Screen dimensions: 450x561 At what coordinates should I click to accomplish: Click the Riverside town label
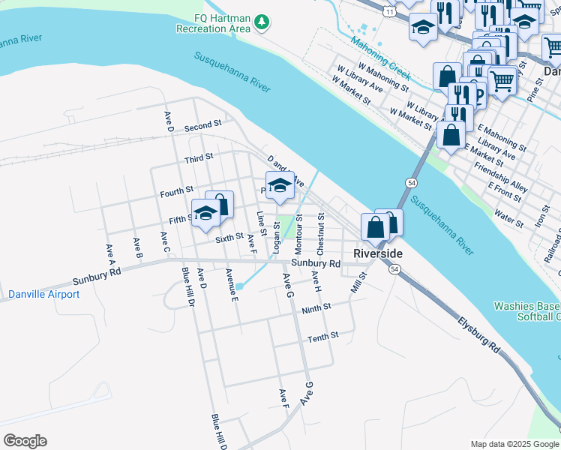point(377,253)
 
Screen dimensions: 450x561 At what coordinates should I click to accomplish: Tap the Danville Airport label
point(43,294)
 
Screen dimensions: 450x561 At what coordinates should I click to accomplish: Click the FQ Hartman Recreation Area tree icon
point(261,22)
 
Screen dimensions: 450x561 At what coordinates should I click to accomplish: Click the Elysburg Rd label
point(479,336)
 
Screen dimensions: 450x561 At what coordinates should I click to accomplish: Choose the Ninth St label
point(316,308)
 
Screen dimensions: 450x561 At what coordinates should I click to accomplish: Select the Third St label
point(199,158)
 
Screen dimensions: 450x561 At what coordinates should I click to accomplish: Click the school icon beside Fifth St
point(205,213)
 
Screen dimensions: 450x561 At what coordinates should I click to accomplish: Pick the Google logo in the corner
point(25,441)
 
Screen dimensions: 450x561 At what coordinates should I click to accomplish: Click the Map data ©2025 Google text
point(514,443)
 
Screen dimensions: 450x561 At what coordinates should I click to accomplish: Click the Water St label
point(508,218)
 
